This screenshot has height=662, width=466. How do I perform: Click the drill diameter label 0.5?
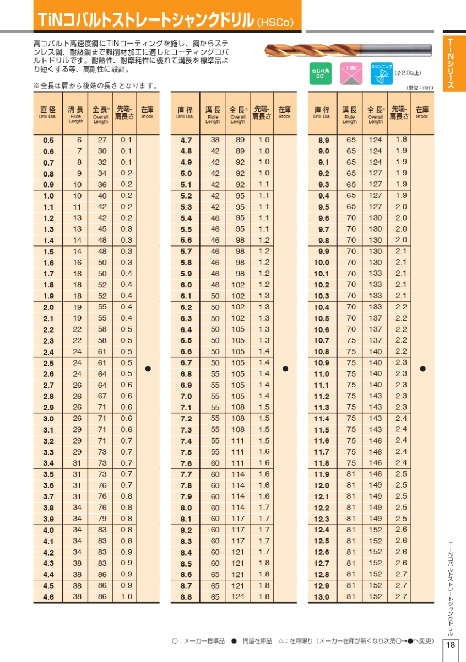point(48,141)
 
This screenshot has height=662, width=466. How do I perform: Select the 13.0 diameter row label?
point(322,597)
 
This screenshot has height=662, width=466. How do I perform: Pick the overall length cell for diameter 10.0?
point(375,263)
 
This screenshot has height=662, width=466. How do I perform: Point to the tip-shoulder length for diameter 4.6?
point(126,596)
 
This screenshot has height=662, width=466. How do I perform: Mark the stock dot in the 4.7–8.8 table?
point(285,368)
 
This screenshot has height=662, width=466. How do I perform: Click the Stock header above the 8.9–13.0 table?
point(422,113)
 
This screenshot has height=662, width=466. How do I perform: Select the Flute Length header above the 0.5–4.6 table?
point(75,114)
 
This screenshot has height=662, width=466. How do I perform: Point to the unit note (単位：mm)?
point(420,88)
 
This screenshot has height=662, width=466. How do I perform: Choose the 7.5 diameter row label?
point(186,452)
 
